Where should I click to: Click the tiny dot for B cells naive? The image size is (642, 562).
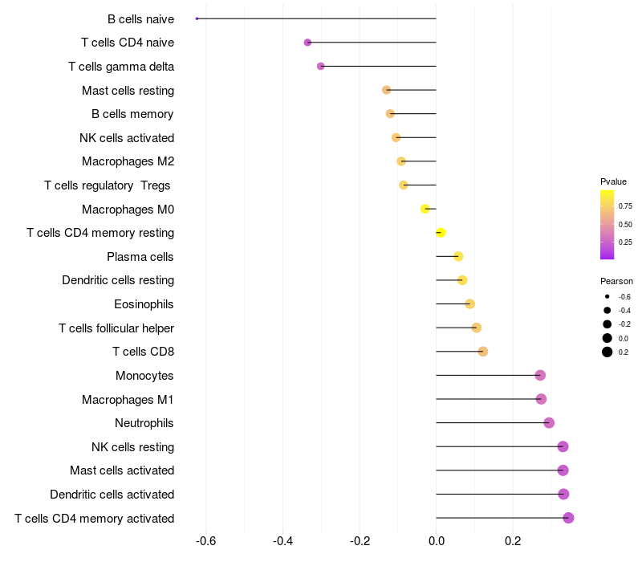tap(197, 18)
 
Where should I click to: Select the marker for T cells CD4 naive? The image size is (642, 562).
tap(307, 43)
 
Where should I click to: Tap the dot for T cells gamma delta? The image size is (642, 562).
tap(320, 66)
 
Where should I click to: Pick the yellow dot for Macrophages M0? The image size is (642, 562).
tap(425, 209)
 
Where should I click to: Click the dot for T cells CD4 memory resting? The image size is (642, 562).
tap(441, 233)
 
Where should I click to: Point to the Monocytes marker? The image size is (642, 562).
tap(540, 375)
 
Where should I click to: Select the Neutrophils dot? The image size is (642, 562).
tap(549, 423)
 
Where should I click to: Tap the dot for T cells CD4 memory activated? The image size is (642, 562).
tap(568, 518)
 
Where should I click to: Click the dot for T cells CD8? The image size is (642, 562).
tap(483, 352)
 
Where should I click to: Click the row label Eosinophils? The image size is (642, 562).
tap(144, 304)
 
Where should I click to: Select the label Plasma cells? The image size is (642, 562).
tap(140, 257)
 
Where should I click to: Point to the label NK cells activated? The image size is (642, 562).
tap(127, 138)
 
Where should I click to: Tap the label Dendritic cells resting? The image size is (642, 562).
tap(118, 280)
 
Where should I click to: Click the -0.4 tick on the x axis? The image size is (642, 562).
tap(282, 541)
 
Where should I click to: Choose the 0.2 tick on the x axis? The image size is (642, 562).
tap(513, 541)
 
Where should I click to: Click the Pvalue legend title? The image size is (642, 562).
tap(613, 181)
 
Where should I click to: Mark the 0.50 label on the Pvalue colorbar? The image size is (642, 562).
tap(625, 225)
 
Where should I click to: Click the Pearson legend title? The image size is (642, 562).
tap(616, 281)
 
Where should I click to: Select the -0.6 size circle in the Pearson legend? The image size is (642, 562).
tap(607, 296)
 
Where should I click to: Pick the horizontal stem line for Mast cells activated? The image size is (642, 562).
tap(499, 470)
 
